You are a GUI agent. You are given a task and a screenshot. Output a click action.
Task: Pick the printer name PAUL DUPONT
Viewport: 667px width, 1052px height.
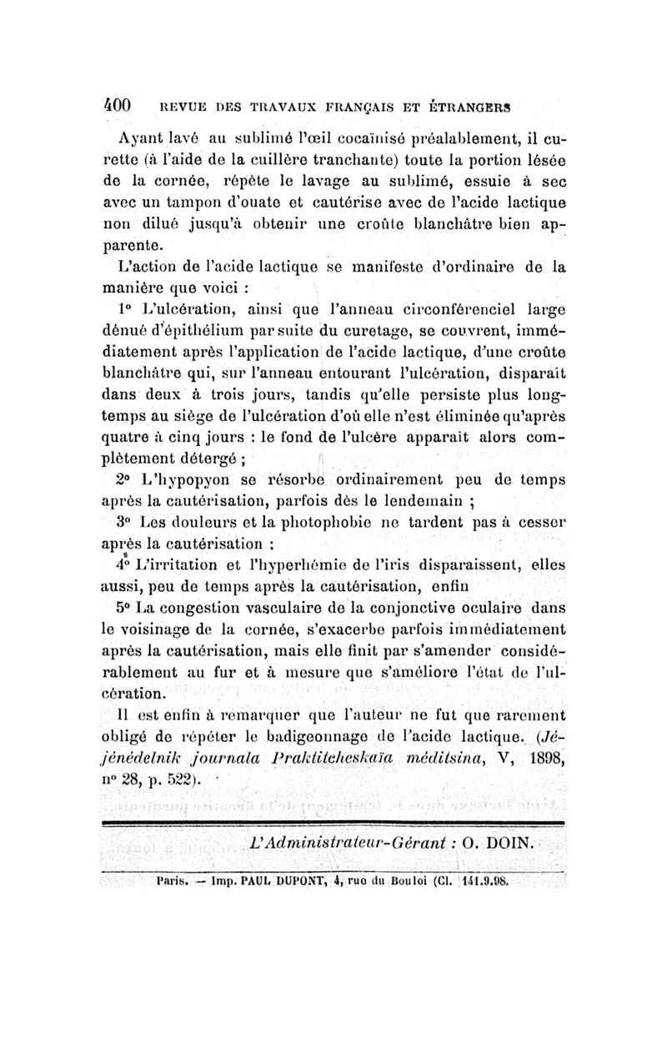(x=286, y=879)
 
